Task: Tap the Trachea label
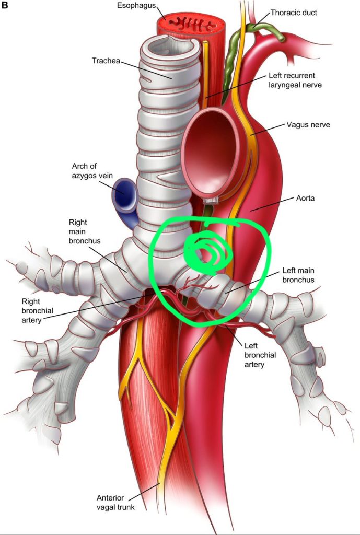click(x=106, y=61)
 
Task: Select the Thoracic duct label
click(x=294, y=13)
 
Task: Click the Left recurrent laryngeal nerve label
click(x=295, y=80)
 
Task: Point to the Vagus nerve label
click(x=308, y=124)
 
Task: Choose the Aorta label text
click(x=306, y=198)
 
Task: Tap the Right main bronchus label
click(x=85, y=231)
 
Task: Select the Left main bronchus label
click(x=298, y=275)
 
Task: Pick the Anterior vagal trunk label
click(x=115, y=502)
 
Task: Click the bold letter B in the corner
click(x=5, y=6)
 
